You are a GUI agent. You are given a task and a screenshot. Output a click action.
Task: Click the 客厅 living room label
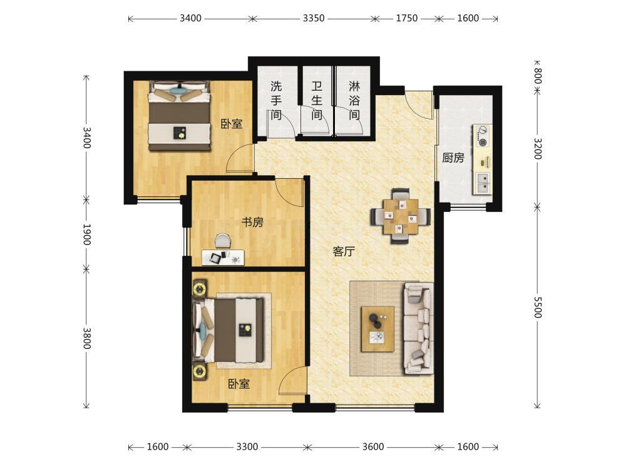point(344,251)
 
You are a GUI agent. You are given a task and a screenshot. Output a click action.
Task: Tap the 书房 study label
point(252,222)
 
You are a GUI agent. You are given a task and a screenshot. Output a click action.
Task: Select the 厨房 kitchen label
point(453,158)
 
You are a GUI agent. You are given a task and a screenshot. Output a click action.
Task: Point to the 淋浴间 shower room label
point(354,101)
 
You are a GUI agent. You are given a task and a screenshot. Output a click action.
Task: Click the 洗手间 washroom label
point(276,101)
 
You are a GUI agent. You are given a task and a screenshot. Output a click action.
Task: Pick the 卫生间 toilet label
point(317,101)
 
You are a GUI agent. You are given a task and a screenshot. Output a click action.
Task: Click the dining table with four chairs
point(401,216)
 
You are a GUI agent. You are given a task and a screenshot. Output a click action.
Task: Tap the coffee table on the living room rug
point(377,329)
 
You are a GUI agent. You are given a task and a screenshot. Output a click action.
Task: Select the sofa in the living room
point(419,328)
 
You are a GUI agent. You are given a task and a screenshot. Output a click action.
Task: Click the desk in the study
point(223,257)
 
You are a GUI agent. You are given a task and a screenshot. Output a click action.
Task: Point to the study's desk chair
point(223,241)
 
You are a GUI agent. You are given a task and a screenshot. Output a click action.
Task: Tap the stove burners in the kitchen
point(483,136)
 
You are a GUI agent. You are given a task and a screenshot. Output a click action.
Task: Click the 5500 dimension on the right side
point(537,307)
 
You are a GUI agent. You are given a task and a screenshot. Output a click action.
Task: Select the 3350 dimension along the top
point(314,18)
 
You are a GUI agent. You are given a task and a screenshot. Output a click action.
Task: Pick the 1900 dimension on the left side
point(86,234)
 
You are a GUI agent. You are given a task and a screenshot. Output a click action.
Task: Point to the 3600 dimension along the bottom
point(373,446)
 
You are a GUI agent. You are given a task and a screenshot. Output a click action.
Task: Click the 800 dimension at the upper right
point(537,76)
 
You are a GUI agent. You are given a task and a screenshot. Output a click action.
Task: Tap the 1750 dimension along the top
point(406,18)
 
